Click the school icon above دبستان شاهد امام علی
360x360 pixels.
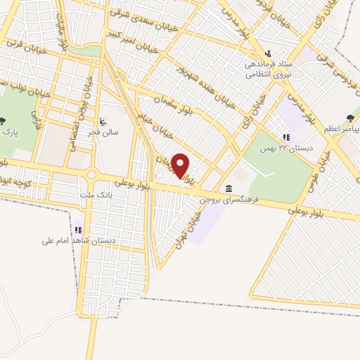tap(79, 229)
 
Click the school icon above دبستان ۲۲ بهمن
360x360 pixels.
tap(285, 137)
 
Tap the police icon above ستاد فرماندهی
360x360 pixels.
tap(268, 53)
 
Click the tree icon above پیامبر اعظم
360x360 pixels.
tap(349, 119)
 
